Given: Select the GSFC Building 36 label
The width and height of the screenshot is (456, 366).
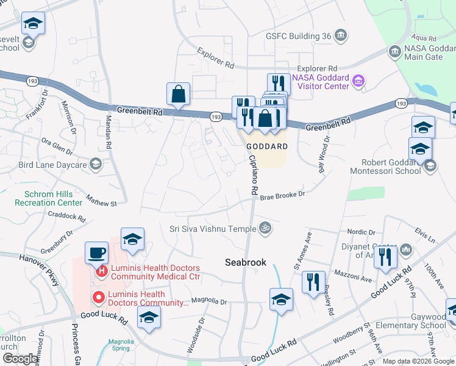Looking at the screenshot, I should [298, 36].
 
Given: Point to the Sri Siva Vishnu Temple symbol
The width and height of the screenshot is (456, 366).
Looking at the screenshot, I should [265, 229].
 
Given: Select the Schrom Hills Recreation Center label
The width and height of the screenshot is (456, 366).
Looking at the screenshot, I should [48, 198].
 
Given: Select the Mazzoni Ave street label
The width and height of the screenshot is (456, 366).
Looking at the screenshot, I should [352, 279].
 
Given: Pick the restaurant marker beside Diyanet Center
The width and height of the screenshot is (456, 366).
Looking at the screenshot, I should [385, 257].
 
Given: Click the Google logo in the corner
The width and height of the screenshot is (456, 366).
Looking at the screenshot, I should [20, 359].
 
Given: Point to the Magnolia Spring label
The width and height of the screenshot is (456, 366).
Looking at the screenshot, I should [121, 345].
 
